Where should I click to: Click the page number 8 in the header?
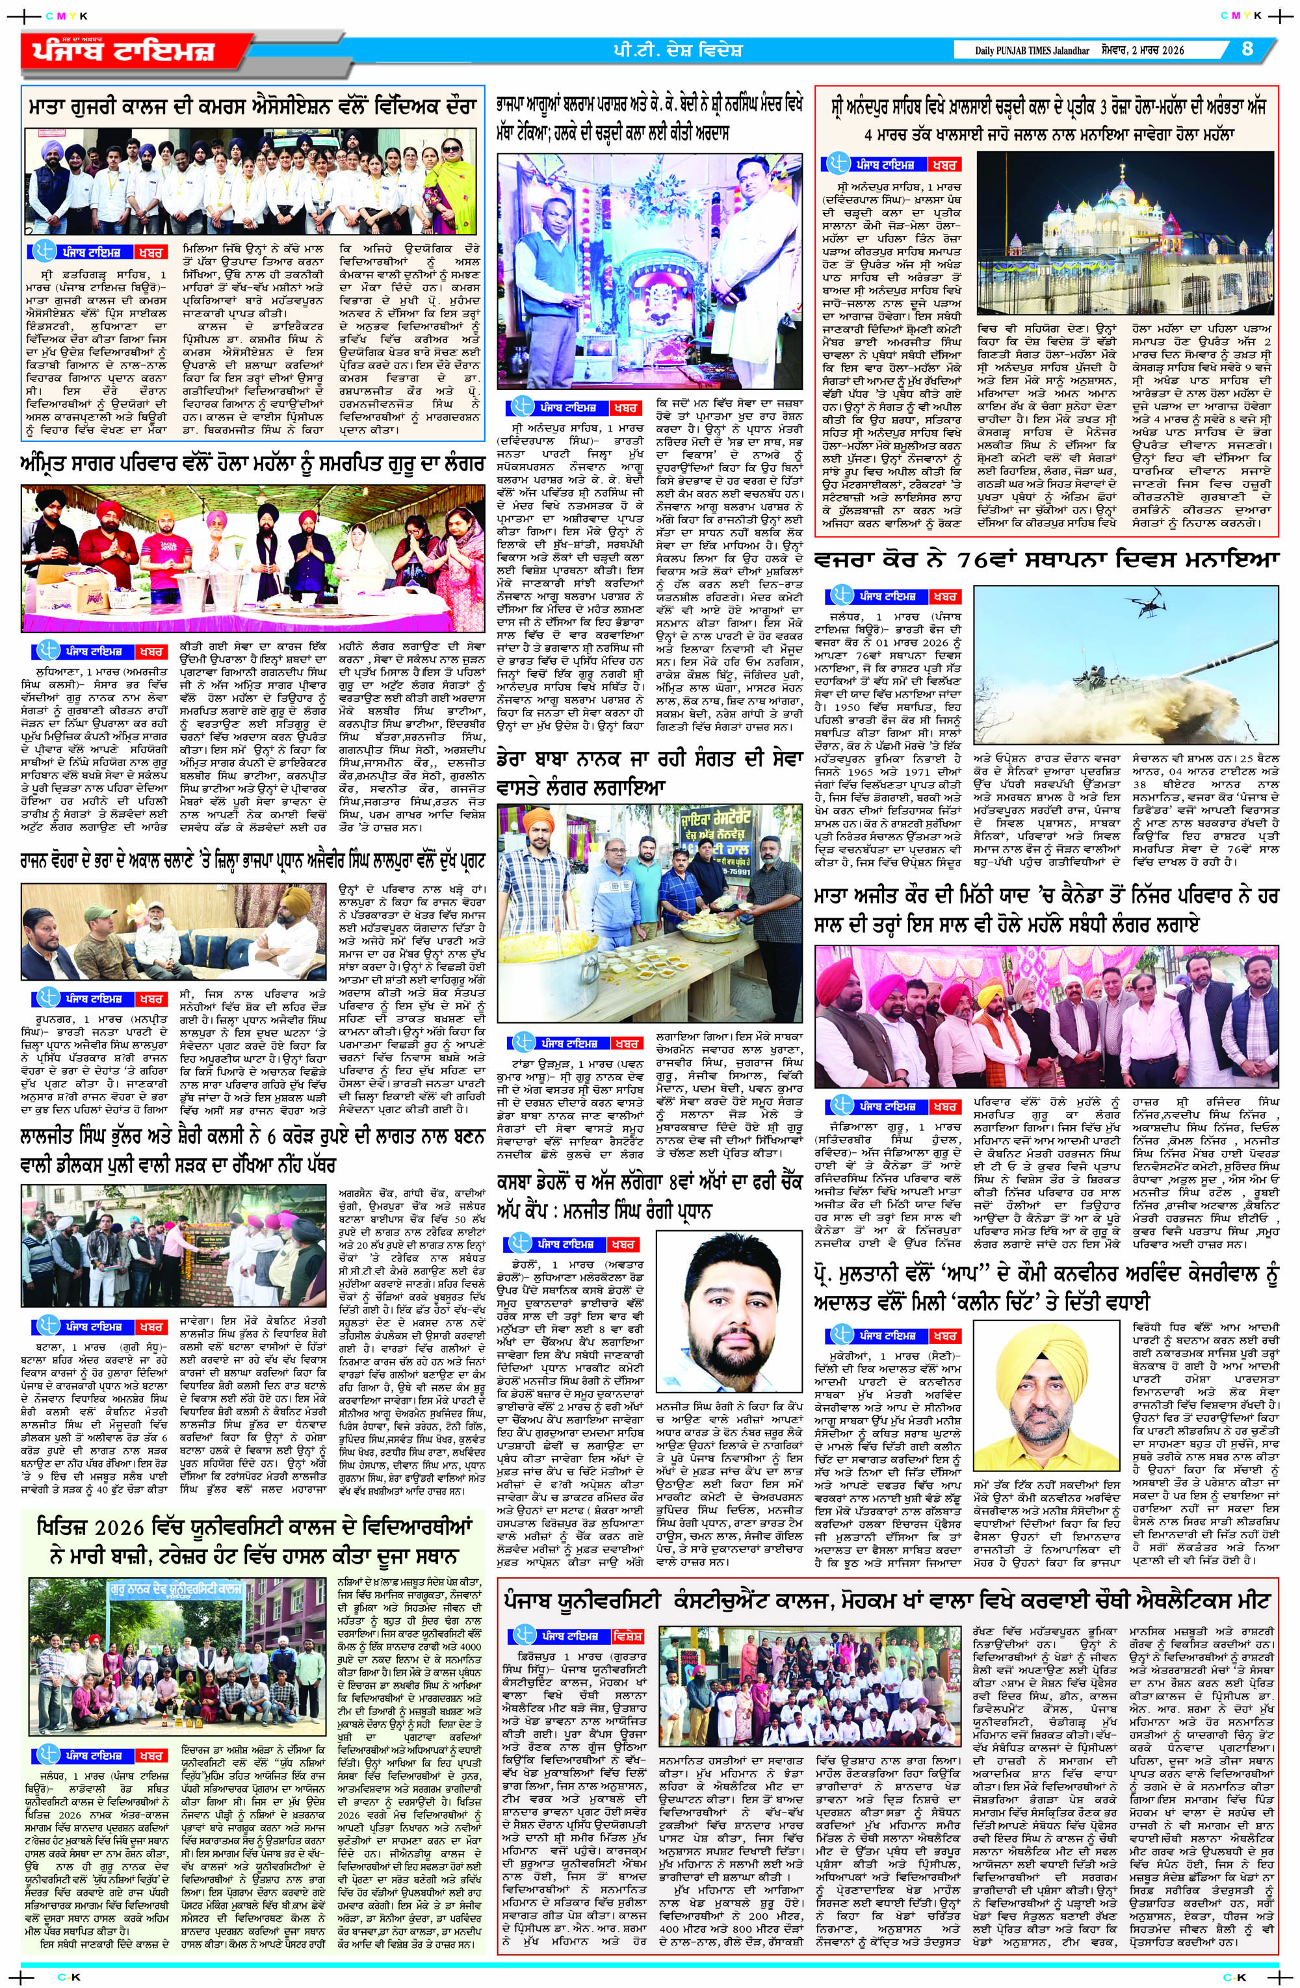point(1247,49)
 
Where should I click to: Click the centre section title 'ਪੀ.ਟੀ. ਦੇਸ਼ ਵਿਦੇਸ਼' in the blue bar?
point(677,50)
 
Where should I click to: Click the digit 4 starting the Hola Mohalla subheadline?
point(870,134)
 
